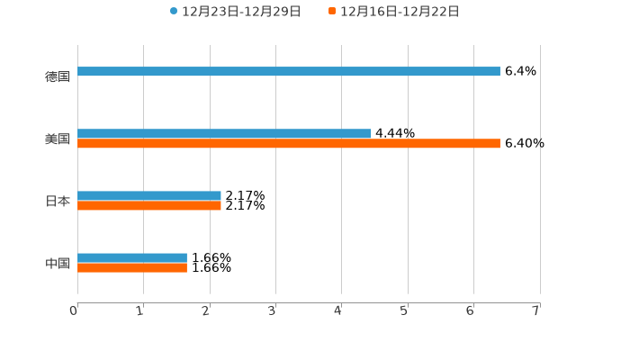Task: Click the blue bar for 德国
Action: point(288,72)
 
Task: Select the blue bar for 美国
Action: point(224,134)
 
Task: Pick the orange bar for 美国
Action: point(288,144)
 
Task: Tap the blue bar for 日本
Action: point(149,196)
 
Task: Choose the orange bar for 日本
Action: point(149,206)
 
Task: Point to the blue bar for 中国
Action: point(132,258)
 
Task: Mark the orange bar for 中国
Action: point(132,268)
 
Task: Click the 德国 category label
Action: point(58,77)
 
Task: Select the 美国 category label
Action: point(58,139)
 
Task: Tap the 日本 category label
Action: point(58,202)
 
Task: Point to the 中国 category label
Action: point(58,264)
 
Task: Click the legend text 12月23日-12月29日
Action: point(241,12)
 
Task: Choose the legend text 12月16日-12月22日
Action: point(400,12)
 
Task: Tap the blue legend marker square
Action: point(174,12)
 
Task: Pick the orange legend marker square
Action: point(332,12)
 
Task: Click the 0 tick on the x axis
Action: point(74,310)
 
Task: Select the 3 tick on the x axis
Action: point(272,310)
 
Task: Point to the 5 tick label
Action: point(404,310)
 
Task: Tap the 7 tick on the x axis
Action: point(535,310)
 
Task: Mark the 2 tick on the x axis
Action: point(206,310)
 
